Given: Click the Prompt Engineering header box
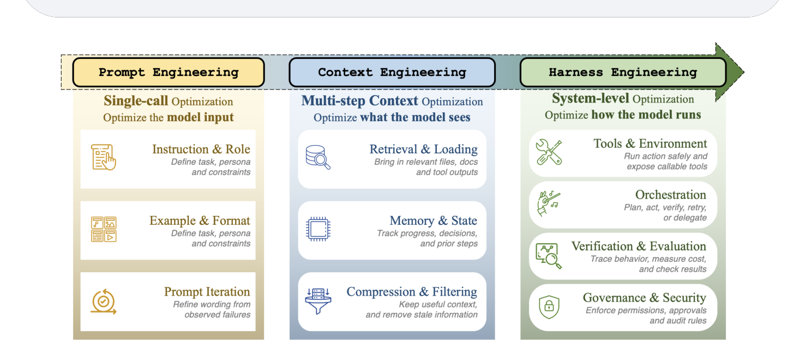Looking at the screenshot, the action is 169,72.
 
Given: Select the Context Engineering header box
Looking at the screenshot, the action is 392,72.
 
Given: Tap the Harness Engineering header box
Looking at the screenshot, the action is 623,72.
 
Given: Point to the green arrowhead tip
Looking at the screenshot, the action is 744,72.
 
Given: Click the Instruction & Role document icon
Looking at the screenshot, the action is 104,157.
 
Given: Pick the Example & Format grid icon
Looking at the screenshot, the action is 104,229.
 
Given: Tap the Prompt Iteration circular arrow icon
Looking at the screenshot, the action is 104,302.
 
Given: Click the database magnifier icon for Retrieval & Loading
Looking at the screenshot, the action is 318,157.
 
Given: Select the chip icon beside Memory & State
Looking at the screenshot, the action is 318,229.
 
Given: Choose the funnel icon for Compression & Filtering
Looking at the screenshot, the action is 318,301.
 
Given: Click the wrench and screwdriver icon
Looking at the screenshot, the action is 549,152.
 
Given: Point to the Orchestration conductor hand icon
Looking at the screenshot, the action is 549,203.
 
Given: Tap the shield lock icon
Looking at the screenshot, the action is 549,307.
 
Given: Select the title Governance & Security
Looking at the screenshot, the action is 644,297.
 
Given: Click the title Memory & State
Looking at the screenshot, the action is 434,220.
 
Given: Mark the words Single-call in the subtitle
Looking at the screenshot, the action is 136,100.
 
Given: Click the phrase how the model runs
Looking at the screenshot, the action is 646,115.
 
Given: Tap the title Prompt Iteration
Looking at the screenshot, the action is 207,291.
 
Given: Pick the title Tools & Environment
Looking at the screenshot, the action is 650,143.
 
